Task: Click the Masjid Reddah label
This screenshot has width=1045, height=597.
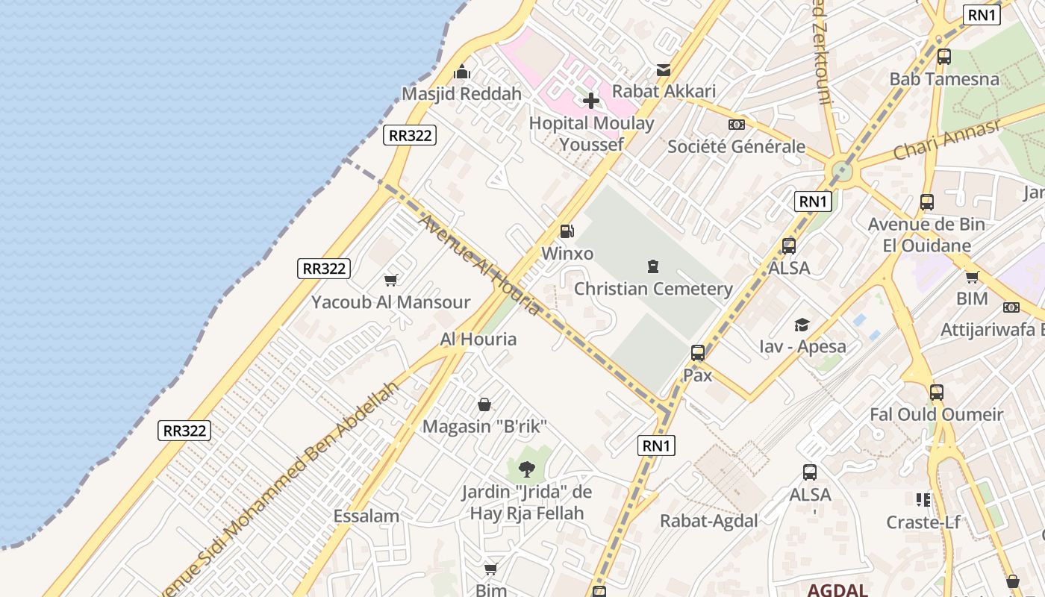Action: pos(461,94)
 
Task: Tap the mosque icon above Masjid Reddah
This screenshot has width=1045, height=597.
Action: pos(462,72)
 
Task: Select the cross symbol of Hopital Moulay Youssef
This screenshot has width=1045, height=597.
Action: pos(591,100)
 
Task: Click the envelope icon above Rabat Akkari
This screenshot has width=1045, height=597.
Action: pos(663,70)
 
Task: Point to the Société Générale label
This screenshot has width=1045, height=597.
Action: pos(736,146)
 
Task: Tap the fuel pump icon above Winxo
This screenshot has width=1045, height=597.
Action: pos(567,231)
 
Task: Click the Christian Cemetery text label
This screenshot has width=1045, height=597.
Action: pos(653,289)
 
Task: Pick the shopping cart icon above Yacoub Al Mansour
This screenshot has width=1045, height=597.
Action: pos(390,280)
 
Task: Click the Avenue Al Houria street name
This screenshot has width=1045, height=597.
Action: pos(478,263)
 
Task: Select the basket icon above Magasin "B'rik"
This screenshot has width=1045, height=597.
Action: pos(484,404)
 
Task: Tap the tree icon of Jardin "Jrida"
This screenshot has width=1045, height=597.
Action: pos(526,469)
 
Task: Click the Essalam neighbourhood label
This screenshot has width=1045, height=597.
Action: pos(366,516)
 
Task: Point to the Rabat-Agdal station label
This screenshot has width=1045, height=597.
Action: pos(708,521)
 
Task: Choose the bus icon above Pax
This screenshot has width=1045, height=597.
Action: pos(698,353)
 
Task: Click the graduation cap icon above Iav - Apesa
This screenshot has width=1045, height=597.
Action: pos(802,325)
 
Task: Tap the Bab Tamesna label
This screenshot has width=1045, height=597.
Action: pos(943,79)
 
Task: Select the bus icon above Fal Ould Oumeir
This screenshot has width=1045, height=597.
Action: pos(937,392)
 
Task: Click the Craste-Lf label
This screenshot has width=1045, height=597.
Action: pos(923,522)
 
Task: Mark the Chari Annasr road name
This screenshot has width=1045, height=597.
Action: pos(946,140)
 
